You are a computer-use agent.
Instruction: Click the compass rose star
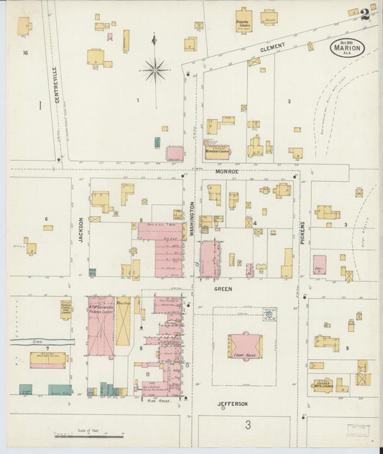155,70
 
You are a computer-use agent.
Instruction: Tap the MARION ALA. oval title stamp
347,47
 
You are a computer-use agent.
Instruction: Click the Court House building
245,346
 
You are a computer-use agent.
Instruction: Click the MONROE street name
226,172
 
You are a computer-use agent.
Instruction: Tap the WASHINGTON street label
192,216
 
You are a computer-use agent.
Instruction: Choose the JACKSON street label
80,230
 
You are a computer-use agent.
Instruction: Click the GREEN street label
223,289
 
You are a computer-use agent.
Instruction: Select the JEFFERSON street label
232,404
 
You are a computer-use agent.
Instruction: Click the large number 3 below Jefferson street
247,425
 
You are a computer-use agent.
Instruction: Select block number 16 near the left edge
24,52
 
